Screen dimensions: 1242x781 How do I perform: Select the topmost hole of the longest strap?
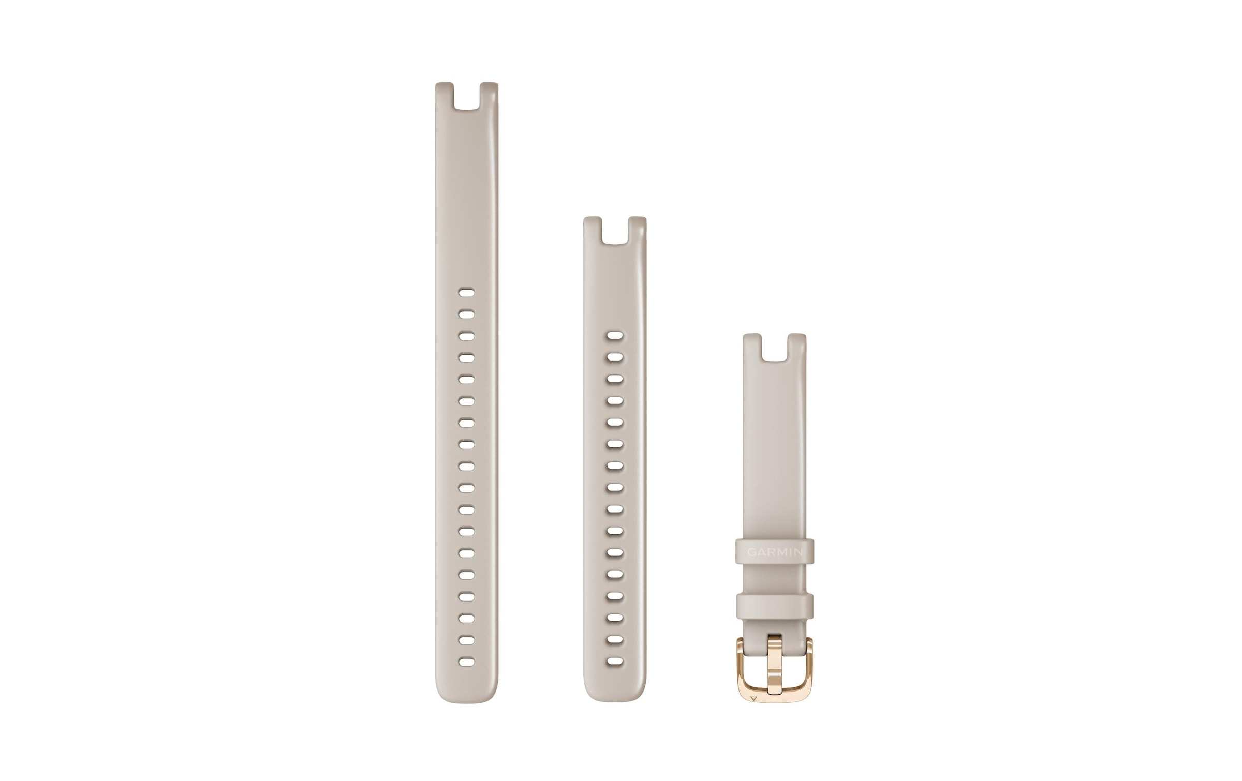click(467, 293)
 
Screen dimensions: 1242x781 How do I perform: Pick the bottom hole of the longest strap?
click(467, 662)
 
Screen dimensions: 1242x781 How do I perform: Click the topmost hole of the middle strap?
click(615, 336)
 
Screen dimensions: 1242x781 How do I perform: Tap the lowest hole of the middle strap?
click(615, 662)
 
